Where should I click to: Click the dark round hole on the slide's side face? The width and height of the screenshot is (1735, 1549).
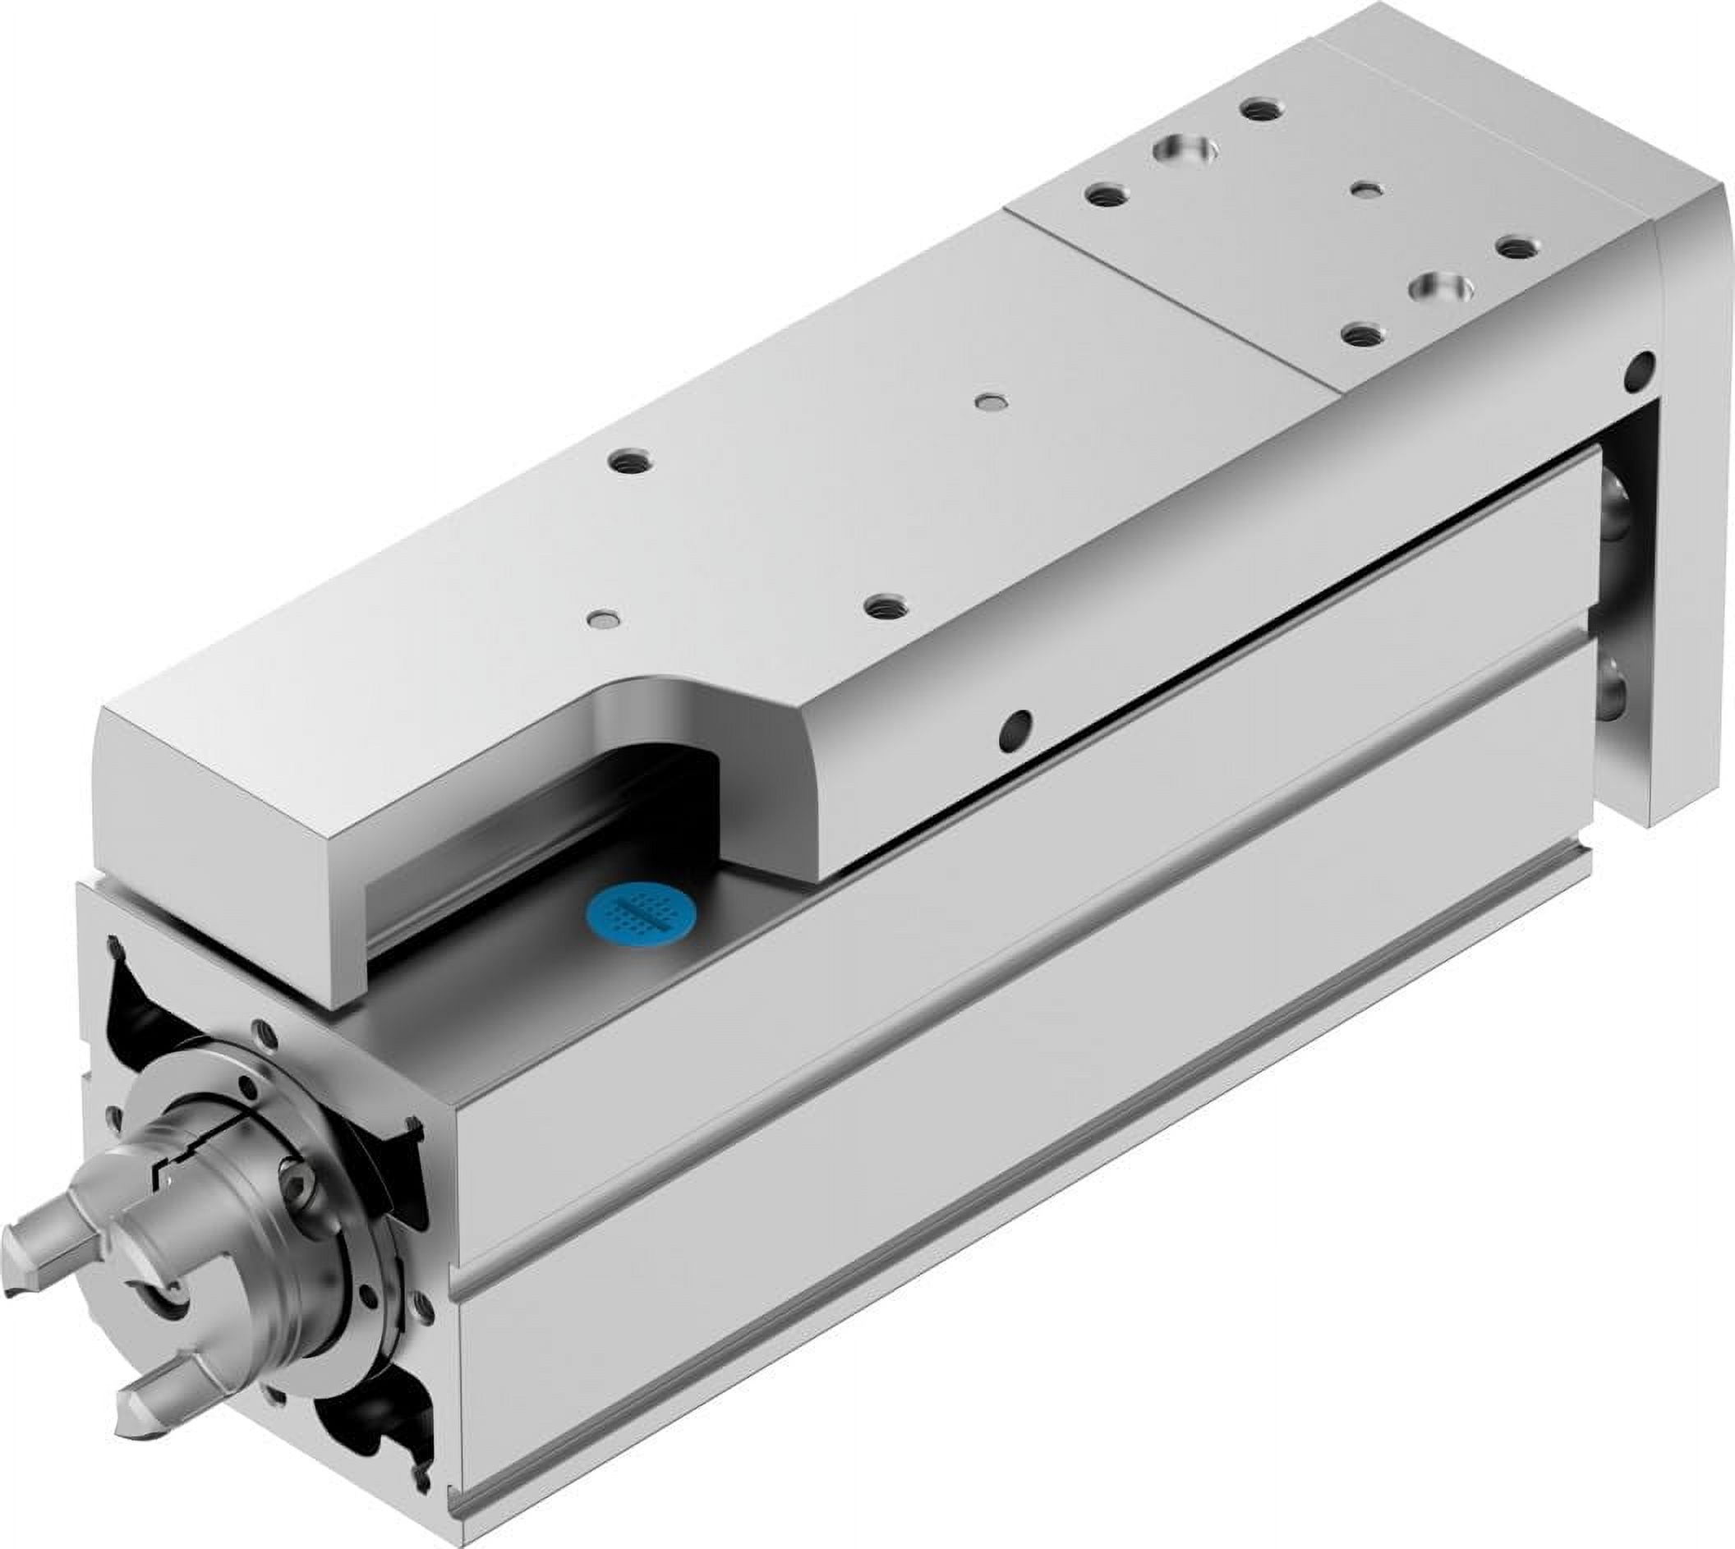1015,726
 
